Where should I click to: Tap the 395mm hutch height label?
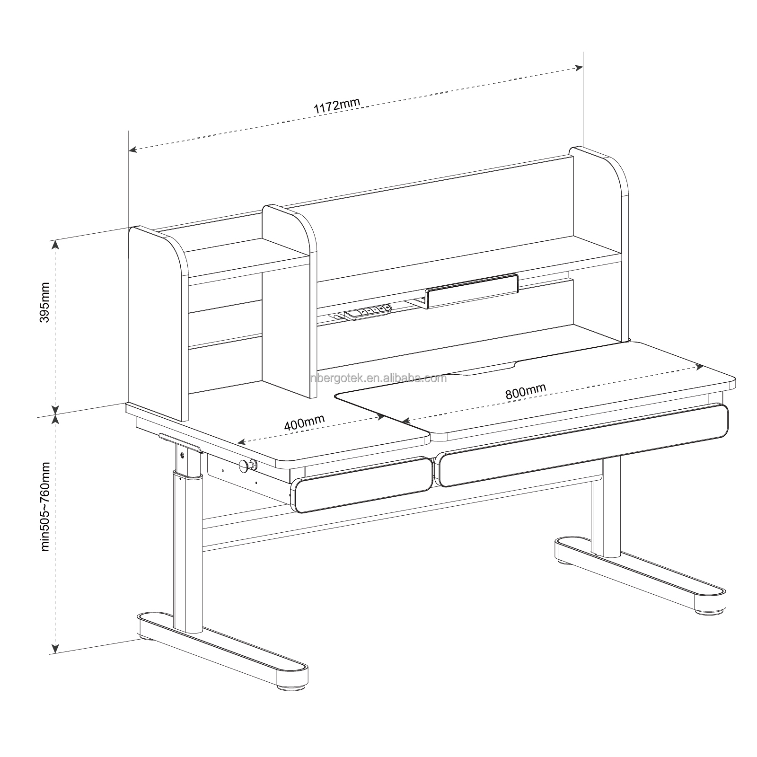click(x=45, y=302)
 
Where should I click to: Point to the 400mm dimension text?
click(x=304, y=422)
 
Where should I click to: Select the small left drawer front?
click(x=362, y=484)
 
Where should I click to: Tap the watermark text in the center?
click(x=378, y=378)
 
